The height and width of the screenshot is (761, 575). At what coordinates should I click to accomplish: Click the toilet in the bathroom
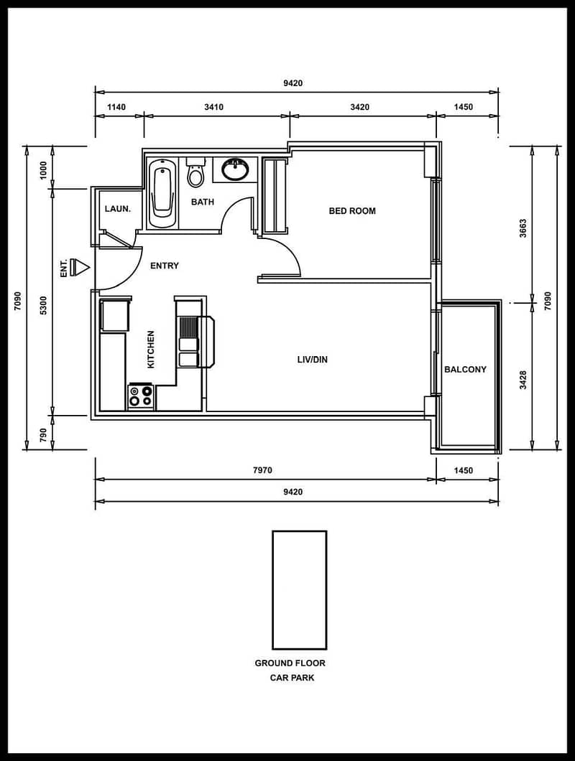pos(196,172)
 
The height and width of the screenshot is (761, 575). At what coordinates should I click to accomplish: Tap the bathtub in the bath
pos(162,193)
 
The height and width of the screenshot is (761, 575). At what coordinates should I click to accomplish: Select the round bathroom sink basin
pos(236,169)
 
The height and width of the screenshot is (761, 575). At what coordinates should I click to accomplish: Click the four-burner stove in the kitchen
pos(141,396)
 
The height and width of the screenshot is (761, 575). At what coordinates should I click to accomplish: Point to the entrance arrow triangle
pos(83,267)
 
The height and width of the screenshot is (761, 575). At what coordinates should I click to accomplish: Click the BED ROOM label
pos(352,211)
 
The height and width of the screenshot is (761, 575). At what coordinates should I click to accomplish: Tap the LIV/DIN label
pos(313,360)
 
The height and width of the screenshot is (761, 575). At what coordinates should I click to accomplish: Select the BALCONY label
pos(465,369)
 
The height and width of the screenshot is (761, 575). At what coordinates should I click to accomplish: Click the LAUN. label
pos(118,209)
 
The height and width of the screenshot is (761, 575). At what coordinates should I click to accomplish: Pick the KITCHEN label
pos(151,350)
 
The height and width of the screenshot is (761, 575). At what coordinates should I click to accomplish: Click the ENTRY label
pos(165,266)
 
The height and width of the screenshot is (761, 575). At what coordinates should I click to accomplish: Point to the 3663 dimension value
pos(523,228)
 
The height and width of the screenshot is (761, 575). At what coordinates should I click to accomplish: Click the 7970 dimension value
pos(262,470)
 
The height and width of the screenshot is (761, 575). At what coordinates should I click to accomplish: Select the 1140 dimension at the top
pos(116,107)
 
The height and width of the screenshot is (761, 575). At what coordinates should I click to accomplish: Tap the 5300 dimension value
pos(43,306)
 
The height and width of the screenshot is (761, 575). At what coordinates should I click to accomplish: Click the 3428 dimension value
pos(523,380)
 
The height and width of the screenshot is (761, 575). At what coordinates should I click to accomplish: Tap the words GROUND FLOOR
pos(290,663)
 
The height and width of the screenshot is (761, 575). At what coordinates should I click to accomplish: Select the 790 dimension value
pos(43,435)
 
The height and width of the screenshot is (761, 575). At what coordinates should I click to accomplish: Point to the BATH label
pos(202,202)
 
